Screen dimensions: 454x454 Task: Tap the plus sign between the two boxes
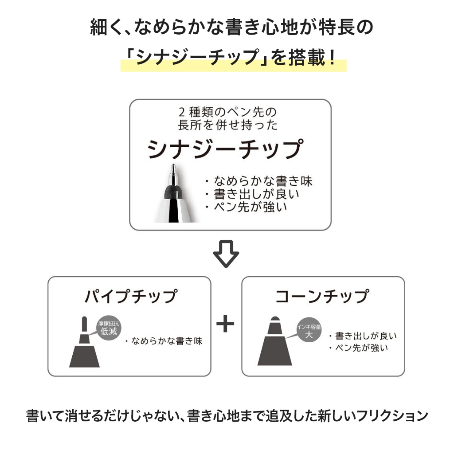pos(225,324)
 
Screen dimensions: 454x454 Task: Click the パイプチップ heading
pos(131,296)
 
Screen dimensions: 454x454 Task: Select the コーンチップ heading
pos(322,296)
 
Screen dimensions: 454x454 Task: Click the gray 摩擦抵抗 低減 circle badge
pos(109,328)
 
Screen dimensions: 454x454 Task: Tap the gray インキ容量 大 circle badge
pos(309,330)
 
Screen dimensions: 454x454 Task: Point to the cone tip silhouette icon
pos(275,341)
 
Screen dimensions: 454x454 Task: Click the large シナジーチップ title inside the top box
pos(226,149)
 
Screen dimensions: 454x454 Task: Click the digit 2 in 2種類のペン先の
pos(181,112)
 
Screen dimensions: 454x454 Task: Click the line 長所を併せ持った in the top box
pos(227,125)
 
